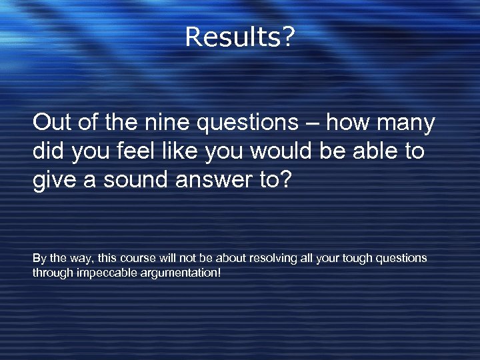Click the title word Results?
pyautogui.click(x=239, y=37)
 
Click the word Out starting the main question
pyautogui.click(x=51, y=123)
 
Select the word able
pyautogui.click(x=376, y=151)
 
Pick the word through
pyautogui.click(x=52, y=272)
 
